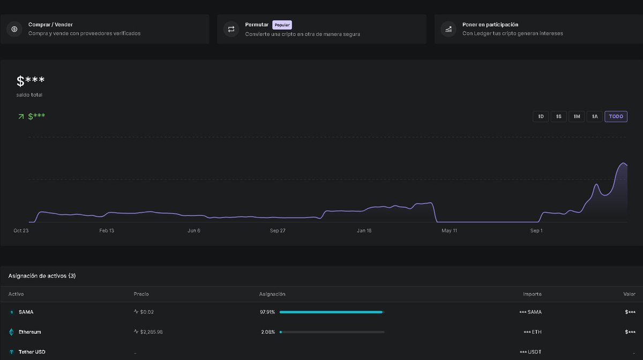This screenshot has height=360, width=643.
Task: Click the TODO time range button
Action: point(616,116)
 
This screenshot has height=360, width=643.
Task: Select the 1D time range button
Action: point(541,116)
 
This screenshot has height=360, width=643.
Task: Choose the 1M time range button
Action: point(577,116)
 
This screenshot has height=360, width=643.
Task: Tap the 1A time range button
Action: point(594,116)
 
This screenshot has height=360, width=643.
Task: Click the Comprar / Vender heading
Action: point(50,25)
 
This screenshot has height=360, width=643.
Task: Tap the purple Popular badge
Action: point(282,25)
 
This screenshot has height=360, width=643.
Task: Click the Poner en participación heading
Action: point(490,25)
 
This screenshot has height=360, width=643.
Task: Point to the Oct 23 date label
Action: point(21,230)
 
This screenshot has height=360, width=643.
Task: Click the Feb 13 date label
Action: point(107,230)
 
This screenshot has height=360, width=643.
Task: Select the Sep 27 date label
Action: point(278,230)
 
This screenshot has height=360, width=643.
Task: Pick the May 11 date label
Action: point(449,230)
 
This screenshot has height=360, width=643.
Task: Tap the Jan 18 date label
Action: point(364,230)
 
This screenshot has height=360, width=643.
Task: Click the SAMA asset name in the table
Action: point(26,312)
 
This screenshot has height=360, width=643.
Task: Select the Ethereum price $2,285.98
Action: point(151,332)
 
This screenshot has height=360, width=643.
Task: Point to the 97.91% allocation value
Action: point(267,312)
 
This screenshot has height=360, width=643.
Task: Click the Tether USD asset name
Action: point(33,352)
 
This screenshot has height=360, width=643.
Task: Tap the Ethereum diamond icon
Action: point(11,332)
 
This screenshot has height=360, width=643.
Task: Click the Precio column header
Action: point(141,294)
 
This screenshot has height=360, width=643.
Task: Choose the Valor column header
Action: point(629,294)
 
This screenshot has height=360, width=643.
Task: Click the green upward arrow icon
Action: point(21,116)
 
